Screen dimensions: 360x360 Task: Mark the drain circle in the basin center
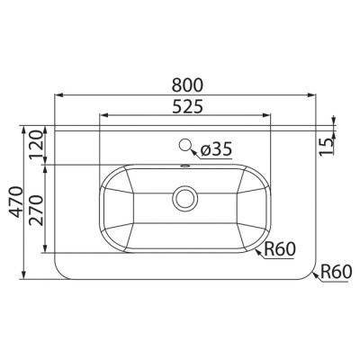[x=185, y=195]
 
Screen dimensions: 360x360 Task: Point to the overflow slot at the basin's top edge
[x=185, y=167]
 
